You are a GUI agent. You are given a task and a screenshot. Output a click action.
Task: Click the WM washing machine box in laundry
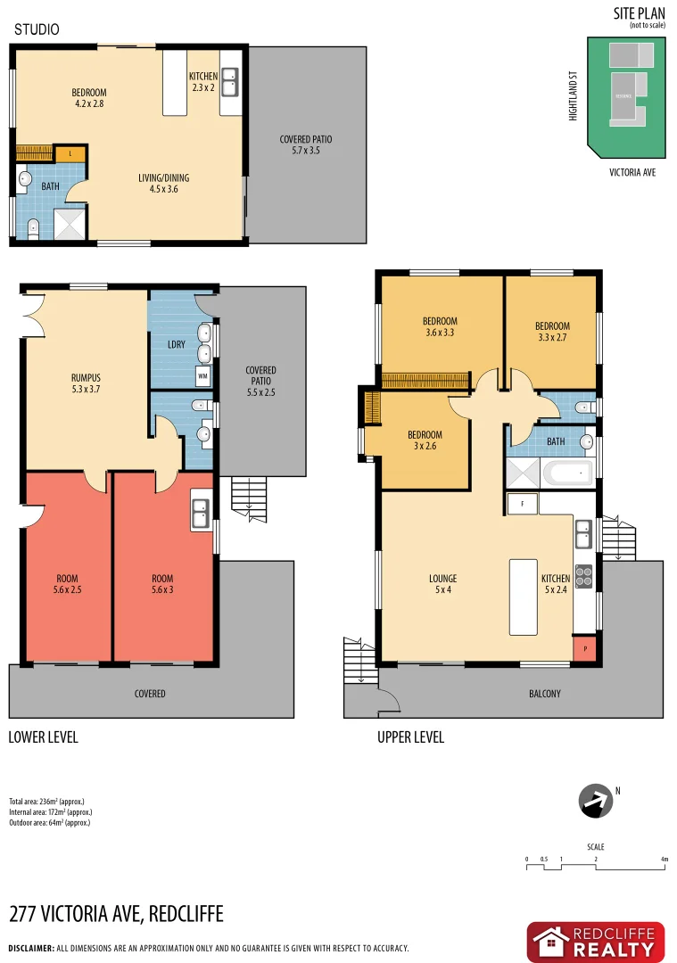[202, 376]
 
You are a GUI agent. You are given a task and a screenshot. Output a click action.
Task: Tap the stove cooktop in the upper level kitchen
[584, 576]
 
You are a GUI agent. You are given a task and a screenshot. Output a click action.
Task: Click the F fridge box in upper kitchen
[522, 504]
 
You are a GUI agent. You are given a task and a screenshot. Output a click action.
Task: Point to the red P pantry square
[584, 649]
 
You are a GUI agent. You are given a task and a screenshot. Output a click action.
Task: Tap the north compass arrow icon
[596, 801]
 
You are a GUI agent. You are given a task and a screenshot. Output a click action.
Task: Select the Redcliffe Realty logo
[595, 942]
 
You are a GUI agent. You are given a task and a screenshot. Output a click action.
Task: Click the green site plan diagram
[625, 97]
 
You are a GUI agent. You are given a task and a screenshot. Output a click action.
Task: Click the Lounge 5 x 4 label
[442, 583]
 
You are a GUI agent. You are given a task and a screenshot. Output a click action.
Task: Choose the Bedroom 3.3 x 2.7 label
[552, 332]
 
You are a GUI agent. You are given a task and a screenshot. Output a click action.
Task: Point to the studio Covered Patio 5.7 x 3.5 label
[306, 145]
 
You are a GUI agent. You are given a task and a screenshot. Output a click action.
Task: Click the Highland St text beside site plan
[574, 97]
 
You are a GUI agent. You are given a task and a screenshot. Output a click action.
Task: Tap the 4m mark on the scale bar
[665, 860]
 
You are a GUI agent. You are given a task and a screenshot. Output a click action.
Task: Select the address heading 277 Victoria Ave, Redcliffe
[116, 914]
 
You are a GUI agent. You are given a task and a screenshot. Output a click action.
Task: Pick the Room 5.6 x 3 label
[162, 584]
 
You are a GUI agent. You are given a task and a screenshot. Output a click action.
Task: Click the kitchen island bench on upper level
[524, 597]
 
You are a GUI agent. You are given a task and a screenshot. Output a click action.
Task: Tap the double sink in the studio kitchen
[230, 82]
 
